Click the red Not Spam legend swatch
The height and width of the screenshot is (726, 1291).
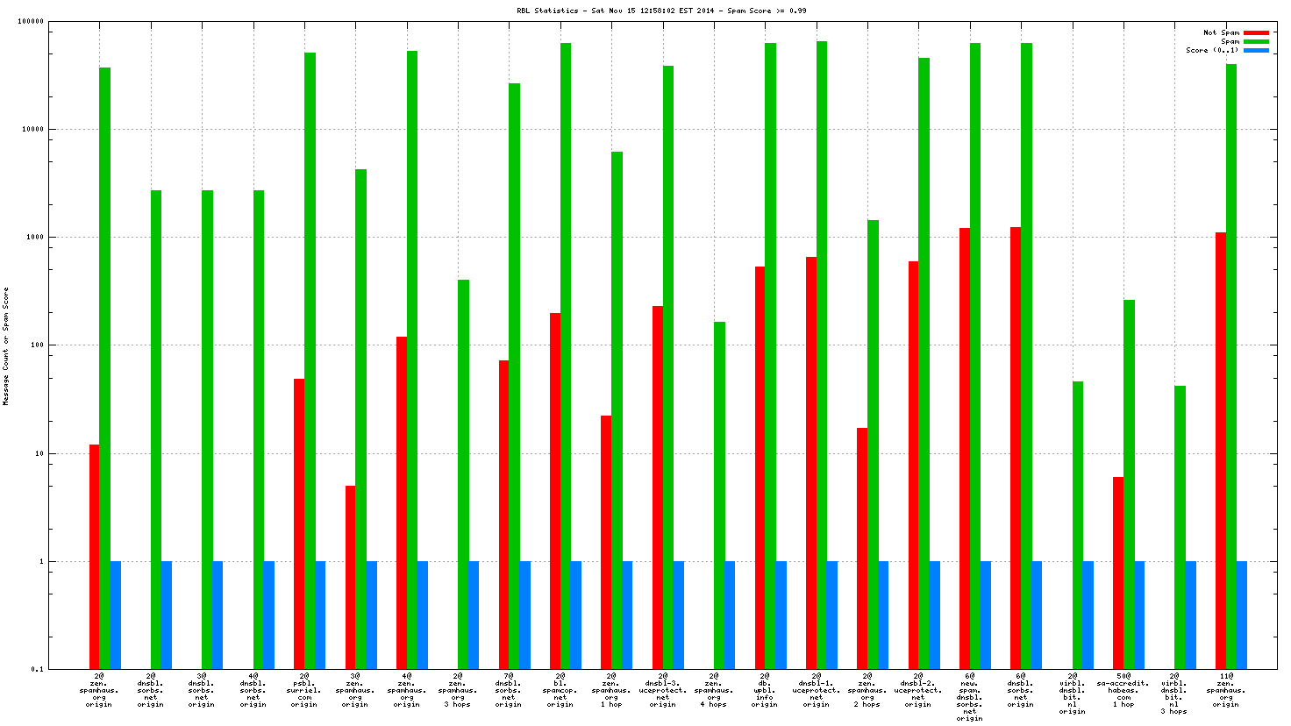(x=1256, y=32)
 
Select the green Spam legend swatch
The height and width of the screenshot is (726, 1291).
(x=1256, y=41)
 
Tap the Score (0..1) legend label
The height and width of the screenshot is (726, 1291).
(x=1212, y=50)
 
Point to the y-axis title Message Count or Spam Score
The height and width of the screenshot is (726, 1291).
(x=6, y=345)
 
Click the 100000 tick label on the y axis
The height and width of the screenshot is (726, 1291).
(x=32, y=22)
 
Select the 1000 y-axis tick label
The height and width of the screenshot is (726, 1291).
(x=35, y=238)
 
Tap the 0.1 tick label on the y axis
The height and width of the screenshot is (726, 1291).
(x=38, y=669)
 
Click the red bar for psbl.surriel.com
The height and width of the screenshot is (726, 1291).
(x=299, y=523)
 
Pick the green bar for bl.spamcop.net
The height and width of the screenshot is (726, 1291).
(x=566, y=355)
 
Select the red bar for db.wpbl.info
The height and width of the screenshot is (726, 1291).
(x=760, y=467)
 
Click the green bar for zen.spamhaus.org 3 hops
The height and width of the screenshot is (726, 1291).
(x=463, y=473)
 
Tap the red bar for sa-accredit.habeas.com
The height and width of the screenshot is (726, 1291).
(x=1118, y=573)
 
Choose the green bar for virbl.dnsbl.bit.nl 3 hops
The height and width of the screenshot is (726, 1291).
(x=1180, y=527)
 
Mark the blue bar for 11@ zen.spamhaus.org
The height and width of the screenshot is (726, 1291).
(x=1242, y=615)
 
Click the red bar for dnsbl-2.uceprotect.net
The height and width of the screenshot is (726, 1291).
(x=913, y=465)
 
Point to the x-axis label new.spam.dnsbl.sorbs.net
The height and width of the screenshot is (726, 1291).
(x=969, y=697)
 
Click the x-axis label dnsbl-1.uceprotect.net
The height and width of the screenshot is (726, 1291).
(x=816, y=690)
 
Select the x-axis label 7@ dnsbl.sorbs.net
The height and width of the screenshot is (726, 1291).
(x=508, y=690)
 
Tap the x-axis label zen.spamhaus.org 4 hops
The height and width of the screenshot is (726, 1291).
(x=713, y=690)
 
